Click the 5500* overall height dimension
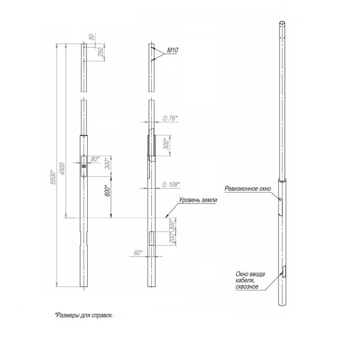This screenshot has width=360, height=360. click(x=53, y=177)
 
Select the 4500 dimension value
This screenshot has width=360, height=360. click(x=63, y=168)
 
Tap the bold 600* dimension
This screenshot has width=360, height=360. click(x=108, y=190)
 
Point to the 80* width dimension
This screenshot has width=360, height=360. click(x=95, y=159)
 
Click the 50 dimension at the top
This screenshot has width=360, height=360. click(x=92, y=37)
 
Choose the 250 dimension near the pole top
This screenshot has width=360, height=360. click(x=101, y=52)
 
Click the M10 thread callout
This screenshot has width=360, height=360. click(x=172, y=50)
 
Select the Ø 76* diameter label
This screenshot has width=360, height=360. click(x=170, y=118)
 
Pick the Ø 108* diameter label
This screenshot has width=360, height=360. click(x=171, y=184)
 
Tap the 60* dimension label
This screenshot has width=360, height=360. click(x=138, y=253)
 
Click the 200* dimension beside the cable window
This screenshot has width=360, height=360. click(x=172, y=238)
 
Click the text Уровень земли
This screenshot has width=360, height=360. click(x=198, y=200)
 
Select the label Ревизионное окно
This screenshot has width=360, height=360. click(x=248, y=189)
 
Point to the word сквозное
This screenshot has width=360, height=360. click(x=247, y=287)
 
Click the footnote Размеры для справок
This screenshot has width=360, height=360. click(x=84, y=315)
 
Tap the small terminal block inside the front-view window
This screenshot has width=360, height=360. click(x=84, y=166)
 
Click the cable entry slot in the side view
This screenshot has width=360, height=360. click(x=152, y=238)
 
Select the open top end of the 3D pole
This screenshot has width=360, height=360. click(x=283, y=23)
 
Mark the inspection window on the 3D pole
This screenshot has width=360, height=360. click(x=280, y=207)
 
